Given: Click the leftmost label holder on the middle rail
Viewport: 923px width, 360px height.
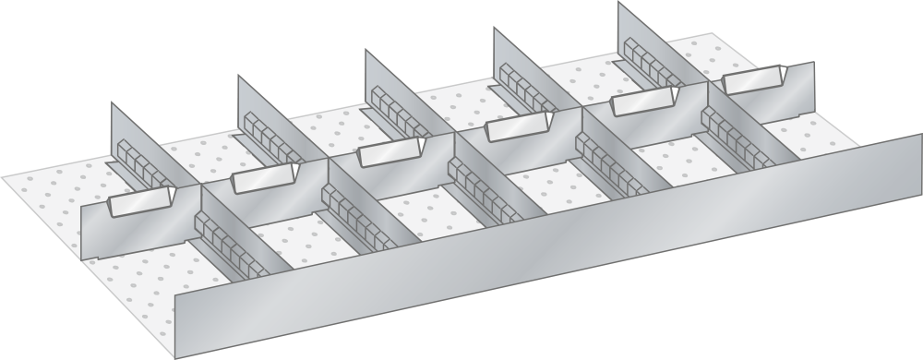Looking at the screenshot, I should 141,203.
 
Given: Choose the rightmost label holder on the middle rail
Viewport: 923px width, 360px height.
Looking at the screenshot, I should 755,82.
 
